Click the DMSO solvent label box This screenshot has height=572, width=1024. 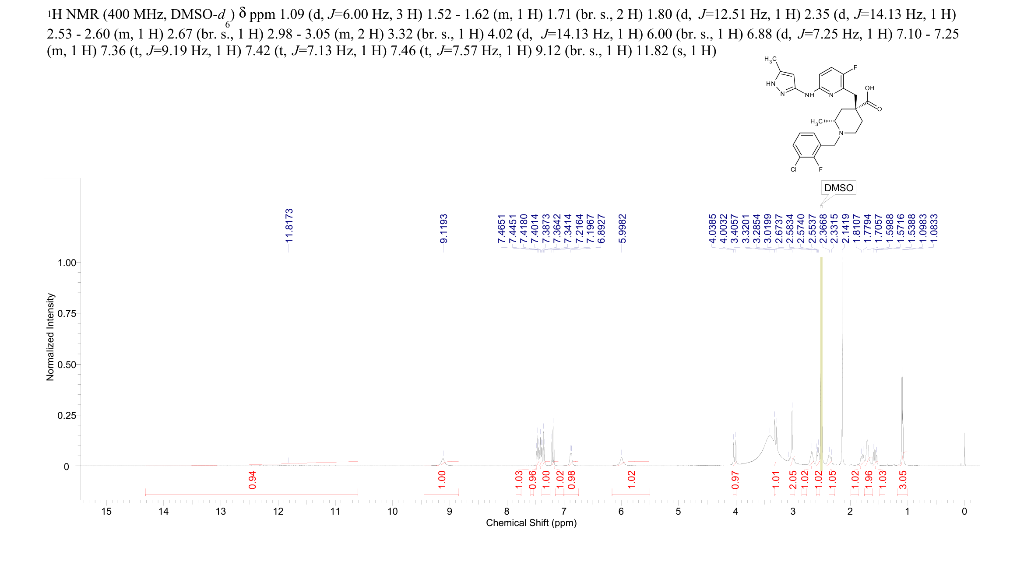coord(838,188)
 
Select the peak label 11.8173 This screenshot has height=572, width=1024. coord(289,226)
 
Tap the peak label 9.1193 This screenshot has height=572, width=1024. coord(443,228)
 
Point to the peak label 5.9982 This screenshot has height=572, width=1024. coord(622,228)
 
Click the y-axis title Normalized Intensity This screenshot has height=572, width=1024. coord(50,337)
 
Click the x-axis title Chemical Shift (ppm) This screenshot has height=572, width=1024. coord(531,523)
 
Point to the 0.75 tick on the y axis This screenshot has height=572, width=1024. coord(67,314)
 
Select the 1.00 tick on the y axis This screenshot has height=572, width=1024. coord(67,263)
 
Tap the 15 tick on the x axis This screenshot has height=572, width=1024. coord(106,512)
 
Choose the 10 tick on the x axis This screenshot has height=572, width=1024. coord(392,512)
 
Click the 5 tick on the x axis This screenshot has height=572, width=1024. coord(678,512)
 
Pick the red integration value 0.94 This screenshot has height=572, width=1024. coord(252,480)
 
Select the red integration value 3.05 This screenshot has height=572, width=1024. coord(903,480)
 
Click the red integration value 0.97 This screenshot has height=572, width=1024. coord(735,480)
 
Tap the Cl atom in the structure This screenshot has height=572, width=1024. coord(793,169)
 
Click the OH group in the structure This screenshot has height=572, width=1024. coord(869,88)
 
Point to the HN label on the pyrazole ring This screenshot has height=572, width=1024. coord(771,84)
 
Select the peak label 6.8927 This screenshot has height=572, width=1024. coord(602,228)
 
